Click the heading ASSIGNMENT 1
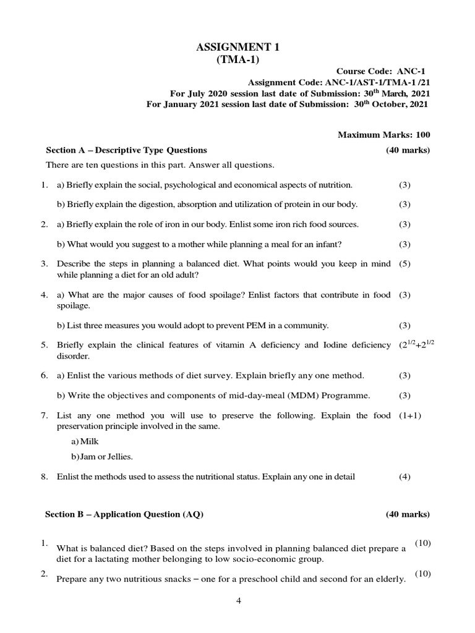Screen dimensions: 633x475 click(237, 47)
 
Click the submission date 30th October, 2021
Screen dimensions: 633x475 click(390, 104)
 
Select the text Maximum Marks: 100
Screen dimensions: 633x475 click(384, 135)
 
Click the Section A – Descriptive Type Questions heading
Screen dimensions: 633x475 click(127, 150)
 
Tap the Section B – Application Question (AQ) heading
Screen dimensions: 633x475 click(124, 514)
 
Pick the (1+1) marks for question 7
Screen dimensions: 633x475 click(410, 415)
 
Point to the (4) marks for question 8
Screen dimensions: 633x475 click(404, 477)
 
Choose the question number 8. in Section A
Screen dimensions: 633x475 click(45, 477)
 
